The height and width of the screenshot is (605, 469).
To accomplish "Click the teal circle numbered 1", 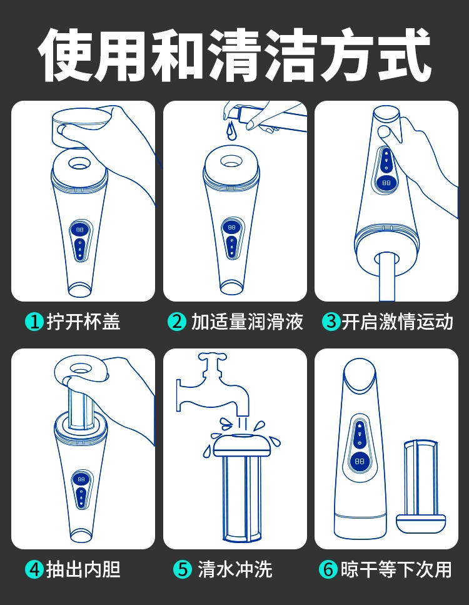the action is point(34,322).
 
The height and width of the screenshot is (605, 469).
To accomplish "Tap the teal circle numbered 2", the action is point(177,322).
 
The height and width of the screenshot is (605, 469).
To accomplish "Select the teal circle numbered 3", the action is point(331,322).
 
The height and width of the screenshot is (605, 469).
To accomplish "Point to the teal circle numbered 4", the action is point(34,569).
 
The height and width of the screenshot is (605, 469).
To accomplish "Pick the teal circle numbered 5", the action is point(183,569).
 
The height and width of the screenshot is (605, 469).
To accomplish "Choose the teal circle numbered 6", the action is point(328,569).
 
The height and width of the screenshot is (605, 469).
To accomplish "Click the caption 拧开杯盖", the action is point(83,322).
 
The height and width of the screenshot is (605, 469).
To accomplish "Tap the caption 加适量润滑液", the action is point(247,322).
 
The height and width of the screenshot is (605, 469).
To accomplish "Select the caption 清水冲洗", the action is point(235,569).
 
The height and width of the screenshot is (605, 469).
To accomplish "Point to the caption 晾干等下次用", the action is point(396,569).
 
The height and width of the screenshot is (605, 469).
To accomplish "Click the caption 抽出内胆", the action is point(83,569).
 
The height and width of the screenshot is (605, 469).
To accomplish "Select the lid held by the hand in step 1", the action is point(82,125).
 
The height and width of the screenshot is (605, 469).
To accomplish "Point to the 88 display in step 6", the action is point(360,460).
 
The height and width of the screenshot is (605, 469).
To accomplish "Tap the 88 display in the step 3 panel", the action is point(386,183).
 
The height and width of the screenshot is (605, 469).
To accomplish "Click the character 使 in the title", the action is point(65,55).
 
